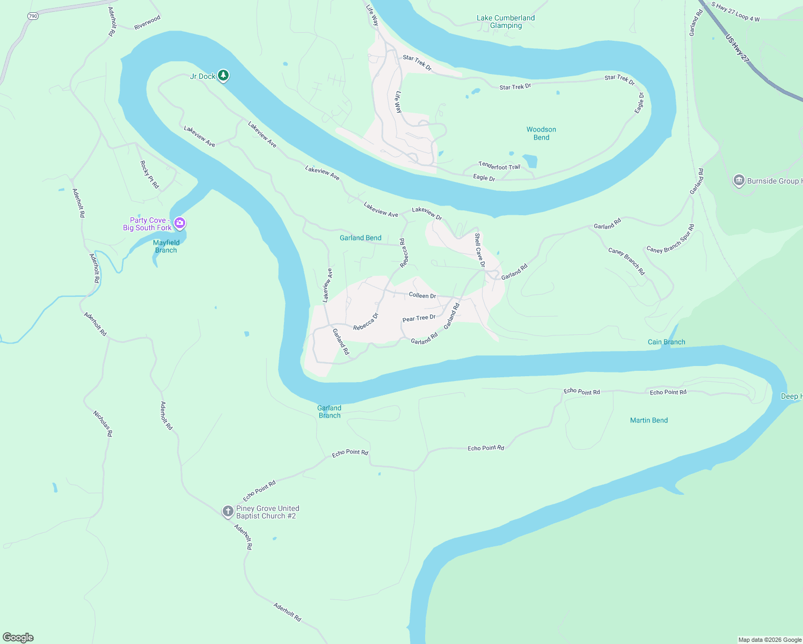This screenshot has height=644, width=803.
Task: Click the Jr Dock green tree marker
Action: (x=223, y=76)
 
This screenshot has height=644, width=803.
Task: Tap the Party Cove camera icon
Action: (x=180, y=223)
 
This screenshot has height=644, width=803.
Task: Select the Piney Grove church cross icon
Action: (x=228, y=511)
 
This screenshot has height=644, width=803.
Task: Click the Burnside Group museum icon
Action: (x=739, y=180)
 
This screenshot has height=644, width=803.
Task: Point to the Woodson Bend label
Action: (x=541, y=134)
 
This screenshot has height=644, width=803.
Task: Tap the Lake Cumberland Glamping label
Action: (x=506, y=21)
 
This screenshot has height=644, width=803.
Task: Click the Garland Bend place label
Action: (x=361, y=238)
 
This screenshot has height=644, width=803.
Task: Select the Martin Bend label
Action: (x=649, y=420)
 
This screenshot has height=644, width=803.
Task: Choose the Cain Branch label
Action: (x=666, y=342)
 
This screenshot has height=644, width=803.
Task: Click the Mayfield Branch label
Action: (x=166, y=246)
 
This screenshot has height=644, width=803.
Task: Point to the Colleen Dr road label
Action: (x=422, y=295)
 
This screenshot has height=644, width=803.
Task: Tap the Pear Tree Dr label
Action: (x=419, y=318)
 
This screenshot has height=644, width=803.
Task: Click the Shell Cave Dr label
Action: (x=479, y=250)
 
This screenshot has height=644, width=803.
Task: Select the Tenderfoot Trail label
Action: (x=499, y=166)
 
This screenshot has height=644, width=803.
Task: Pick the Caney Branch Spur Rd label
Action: (x=670, y=239)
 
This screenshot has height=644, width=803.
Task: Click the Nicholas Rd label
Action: (x=103, y=423)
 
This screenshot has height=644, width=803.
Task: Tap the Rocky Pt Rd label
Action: (x=150, y=174)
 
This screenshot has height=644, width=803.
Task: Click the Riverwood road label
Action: (x=147, y=23)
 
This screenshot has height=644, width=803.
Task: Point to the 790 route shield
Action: (x=33, y=16)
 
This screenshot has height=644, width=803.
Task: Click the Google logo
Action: (x=18, y=637)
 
